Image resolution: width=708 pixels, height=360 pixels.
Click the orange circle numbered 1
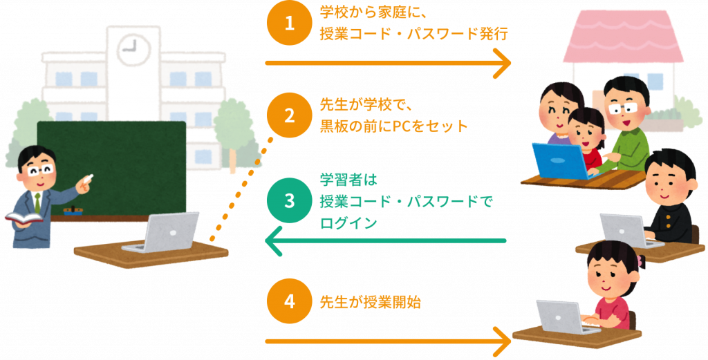pos(290,24)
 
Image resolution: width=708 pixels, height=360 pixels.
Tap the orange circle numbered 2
pos(290,115)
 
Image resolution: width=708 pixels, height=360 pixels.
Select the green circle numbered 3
pos(290,201)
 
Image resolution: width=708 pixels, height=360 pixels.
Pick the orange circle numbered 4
pos(290,302)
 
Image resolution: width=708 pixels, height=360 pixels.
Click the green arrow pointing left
pos(385,240)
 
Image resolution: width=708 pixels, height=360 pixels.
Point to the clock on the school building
pos(133,48)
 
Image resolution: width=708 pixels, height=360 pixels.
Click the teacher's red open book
pos(24,218)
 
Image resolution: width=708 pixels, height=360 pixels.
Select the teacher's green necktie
pos(37,202)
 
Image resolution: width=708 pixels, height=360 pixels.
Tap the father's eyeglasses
pos(622,108)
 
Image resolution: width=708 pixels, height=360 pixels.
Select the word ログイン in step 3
pos(348,222)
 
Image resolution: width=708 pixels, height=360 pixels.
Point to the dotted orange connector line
pos(241,190)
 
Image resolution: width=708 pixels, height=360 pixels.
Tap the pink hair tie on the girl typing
pos(641,260)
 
